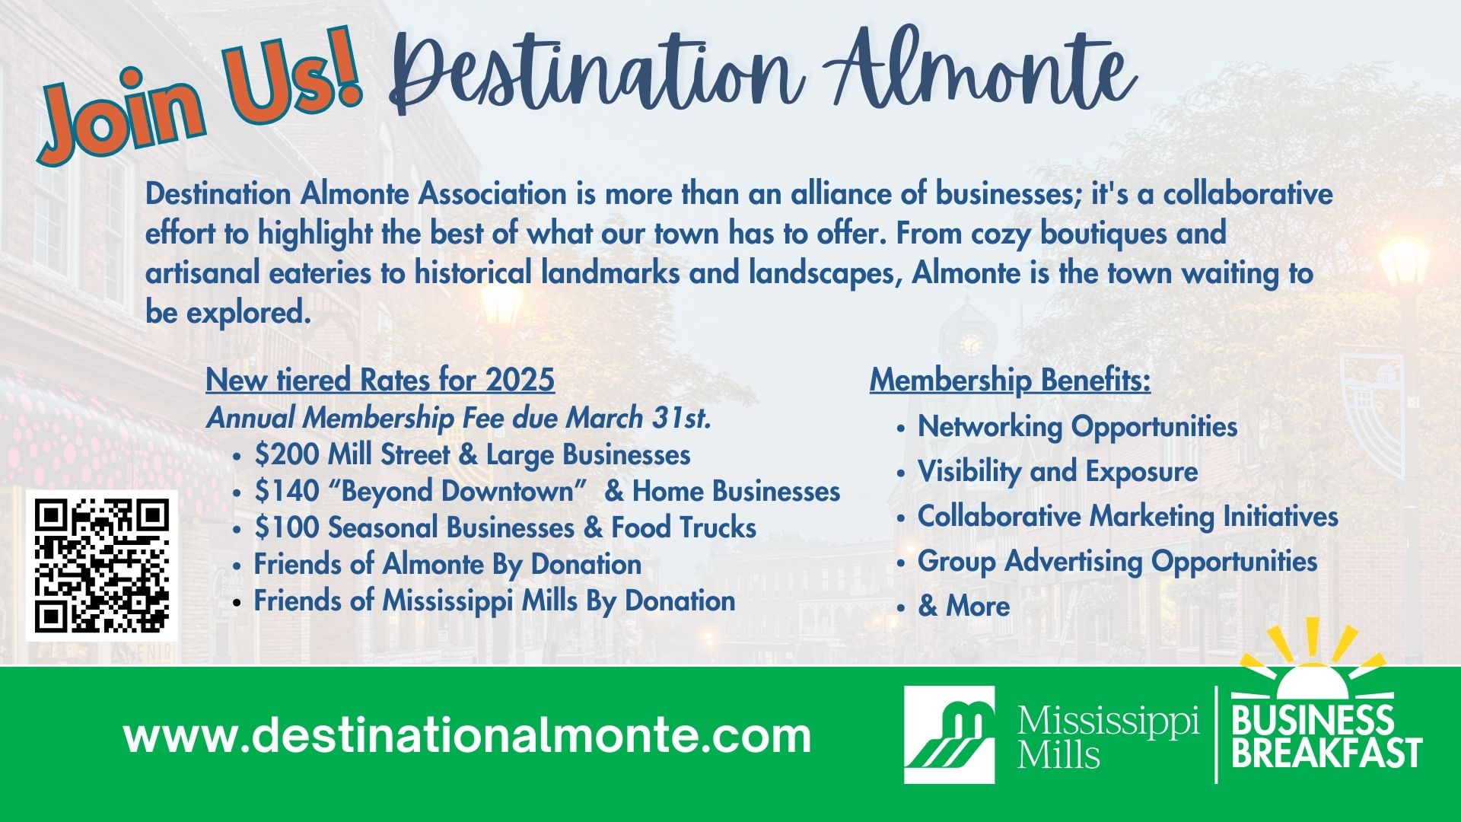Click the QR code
coord(102,566)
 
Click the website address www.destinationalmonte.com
coord(467,736)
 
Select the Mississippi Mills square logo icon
coord(949,734)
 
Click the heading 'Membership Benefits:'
coord(1011,381)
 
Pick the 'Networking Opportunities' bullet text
coord(1077,427)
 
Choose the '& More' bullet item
coord(964,607)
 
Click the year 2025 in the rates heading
coord(520,380)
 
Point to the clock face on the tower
coord(971,345)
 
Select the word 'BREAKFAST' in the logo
coord(1327,753)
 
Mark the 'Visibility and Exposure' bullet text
coord(1058,472)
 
